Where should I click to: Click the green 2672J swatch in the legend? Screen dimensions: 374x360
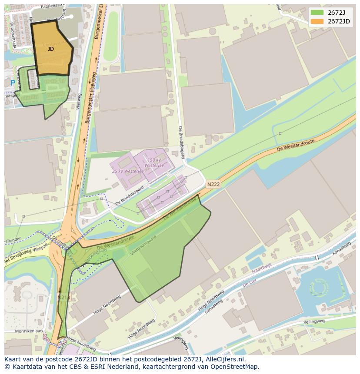[x=317, y=13]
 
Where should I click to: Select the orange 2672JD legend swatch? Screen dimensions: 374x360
[x=317, y=21]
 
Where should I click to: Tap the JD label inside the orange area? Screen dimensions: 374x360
[x=51, y=49]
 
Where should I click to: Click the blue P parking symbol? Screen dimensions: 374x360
[x=13, y=83]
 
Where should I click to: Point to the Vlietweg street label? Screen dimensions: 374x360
[x=79, y=101]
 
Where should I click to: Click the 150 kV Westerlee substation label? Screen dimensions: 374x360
[x=154, y=163]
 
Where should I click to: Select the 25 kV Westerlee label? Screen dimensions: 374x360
[x=127, y=171]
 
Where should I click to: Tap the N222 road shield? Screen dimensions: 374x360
[x=213, y=184]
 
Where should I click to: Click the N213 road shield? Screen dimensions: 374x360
[x=63, y=297]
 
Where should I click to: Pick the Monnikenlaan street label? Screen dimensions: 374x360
[x=18, y=331]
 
